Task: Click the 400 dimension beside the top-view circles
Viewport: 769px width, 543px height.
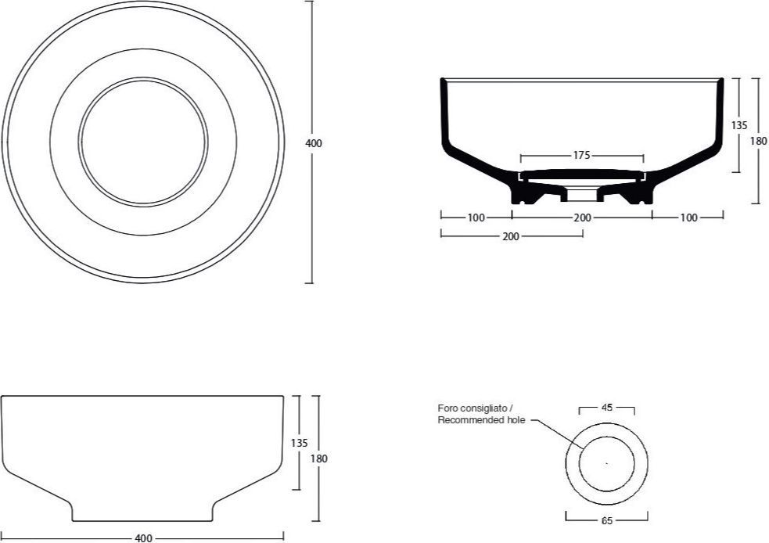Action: [x=314, y=143]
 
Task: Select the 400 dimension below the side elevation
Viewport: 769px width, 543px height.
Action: [x=143, y=538]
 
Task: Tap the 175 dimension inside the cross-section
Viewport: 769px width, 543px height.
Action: [x=581, y=156]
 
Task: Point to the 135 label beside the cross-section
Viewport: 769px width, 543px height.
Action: [x=739, y=125]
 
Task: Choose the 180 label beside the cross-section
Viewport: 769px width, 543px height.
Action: [x=758, y=141]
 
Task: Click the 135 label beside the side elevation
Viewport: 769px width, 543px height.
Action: [x=299, y=443]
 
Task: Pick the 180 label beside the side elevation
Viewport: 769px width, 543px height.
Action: [x=318, y=458]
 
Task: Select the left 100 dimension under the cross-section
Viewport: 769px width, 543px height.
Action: [x=476, y=218]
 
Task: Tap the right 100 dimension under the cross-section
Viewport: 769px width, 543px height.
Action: [x=688, y=218]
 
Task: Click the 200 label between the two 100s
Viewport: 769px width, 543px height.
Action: [x=582, y=218]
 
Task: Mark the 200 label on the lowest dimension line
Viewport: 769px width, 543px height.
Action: [x=511, y=236]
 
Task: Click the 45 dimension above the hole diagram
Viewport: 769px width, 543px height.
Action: [x=606, y=407]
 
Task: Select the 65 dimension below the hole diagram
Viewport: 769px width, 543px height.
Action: [x=606, y=520]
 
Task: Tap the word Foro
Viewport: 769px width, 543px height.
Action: [x=447, y=408]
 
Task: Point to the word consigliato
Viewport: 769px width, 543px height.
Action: [x=483, y=408]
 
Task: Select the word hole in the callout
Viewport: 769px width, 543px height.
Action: [x=516, y=420]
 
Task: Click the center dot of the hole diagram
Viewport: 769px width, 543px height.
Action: [x=606, y=462]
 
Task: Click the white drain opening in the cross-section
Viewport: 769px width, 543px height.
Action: [x=582, y=194]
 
